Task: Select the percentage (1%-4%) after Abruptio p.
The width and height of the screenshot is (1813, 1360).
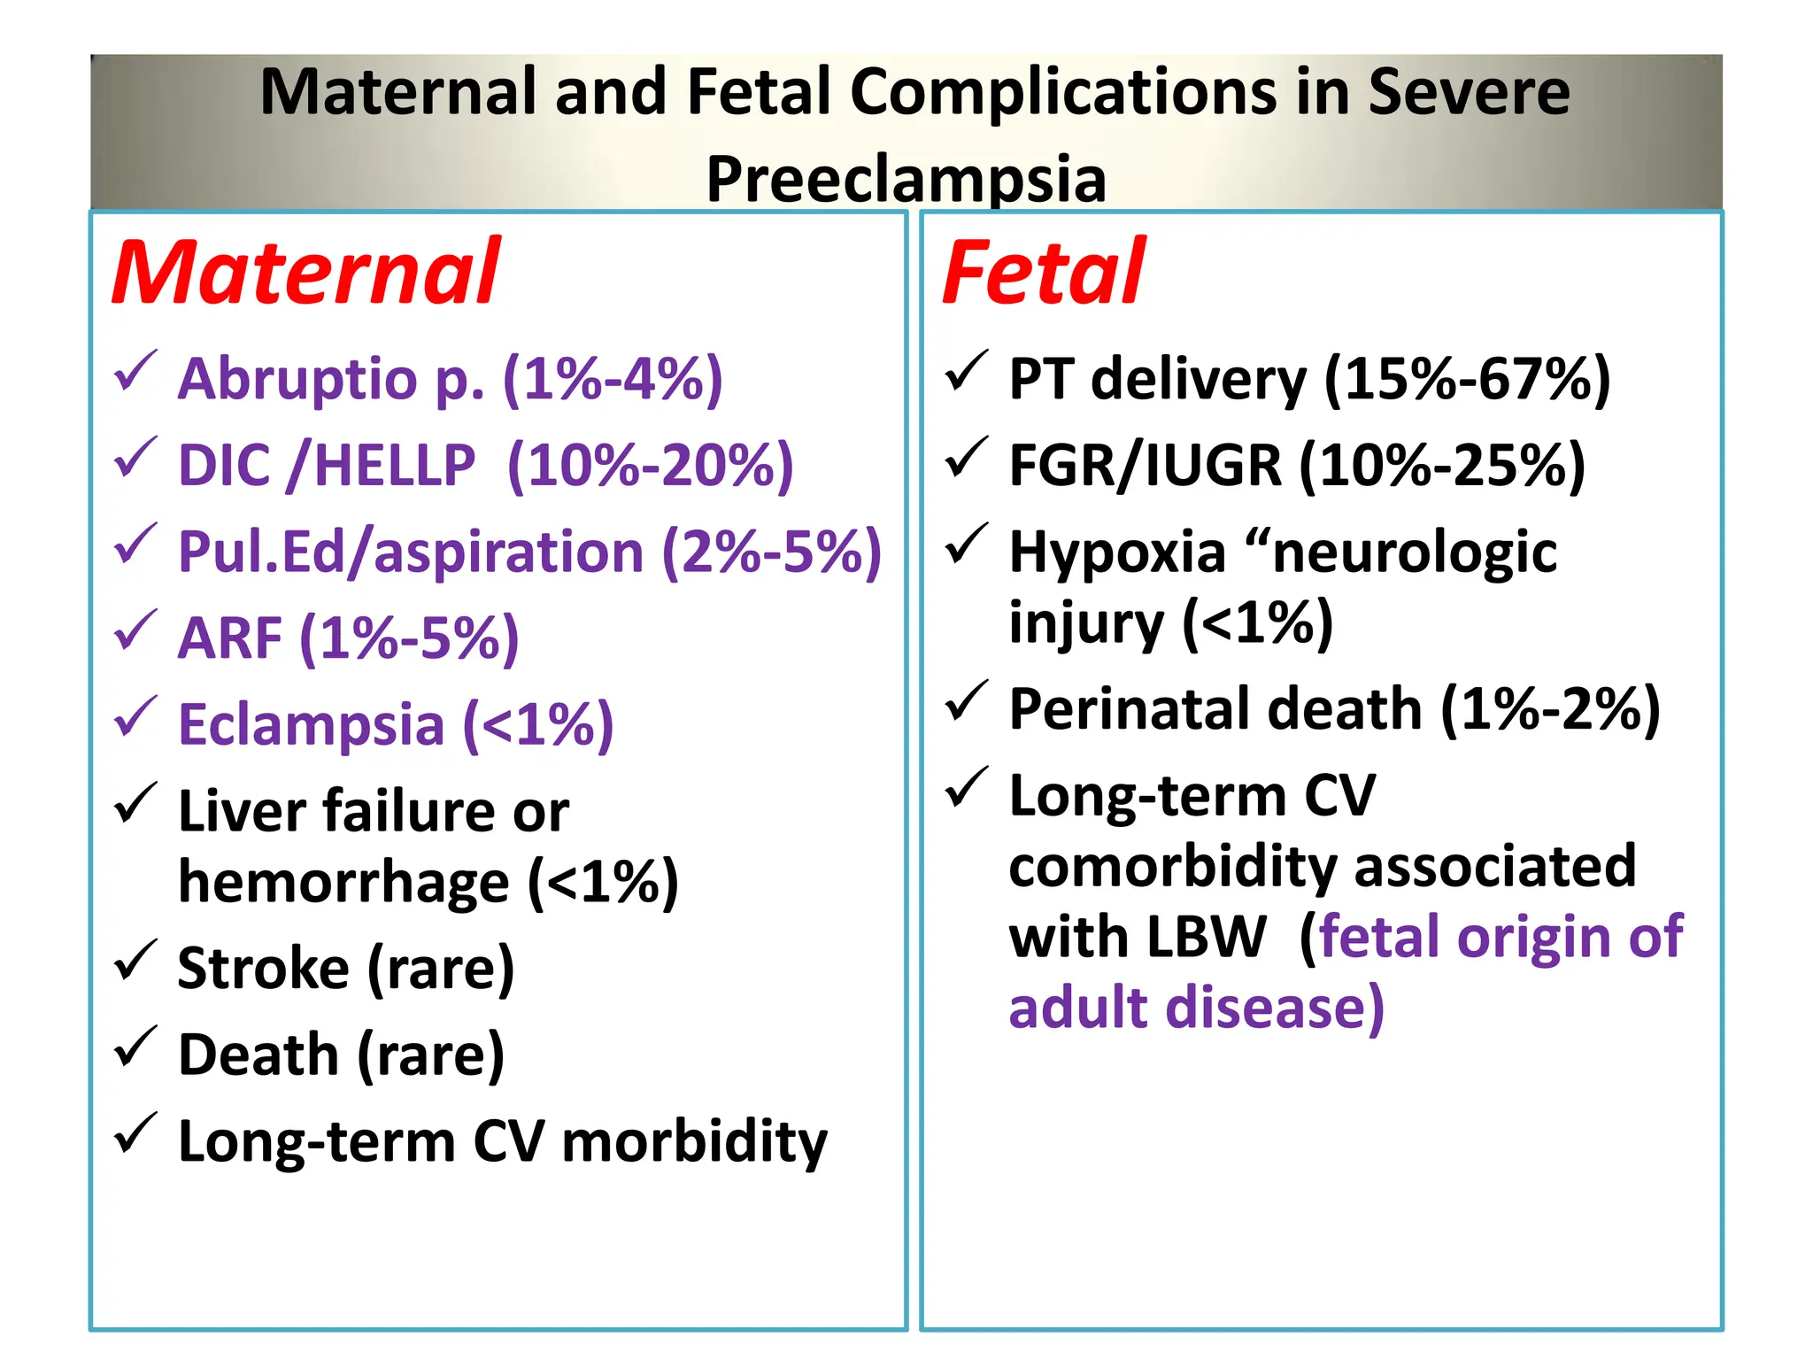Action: [613, 379]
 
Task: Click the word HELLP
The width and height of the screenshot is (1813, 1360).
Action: [395, 466]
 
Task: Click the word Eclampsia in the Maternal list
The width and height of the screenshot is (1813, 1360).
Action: [311, 724]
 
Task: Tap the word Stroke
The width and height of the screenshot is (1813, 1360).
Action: [263, 968]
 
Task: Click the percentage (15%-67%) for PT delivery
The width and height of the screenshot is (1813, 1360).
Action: [1467, 379]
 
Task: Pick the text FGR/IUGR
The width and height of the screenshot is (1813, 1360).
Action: [1145, 466]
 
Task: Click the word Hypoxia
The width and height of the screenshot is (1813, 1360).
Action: [1117, 552]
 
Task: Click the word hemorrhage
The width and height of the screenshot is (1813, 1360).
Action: [343, 882]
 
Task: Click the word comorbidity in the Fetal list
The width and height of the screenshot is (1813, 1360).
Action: [1171, 866]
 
